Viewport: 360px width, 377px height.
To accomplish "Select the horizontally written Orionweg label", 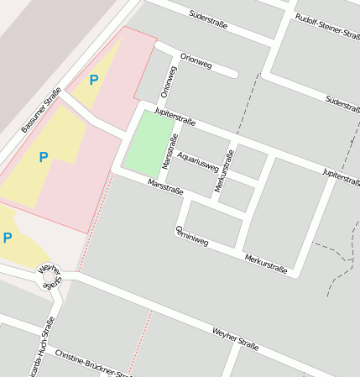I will point(196,61).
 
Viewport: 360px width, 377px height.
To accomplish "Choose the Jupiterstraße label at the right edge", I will point(341,176).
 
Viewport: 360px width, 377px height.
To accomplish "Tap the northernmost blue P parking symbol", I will point(94,80).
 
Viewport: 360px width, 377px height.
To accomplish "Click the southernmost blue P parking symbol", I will point(8,238).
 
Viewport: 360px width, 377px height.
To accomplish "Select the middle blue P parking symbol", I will point(44,156).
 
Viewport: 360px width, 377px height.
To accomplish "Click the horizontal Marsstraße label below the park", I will point(165,188).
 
